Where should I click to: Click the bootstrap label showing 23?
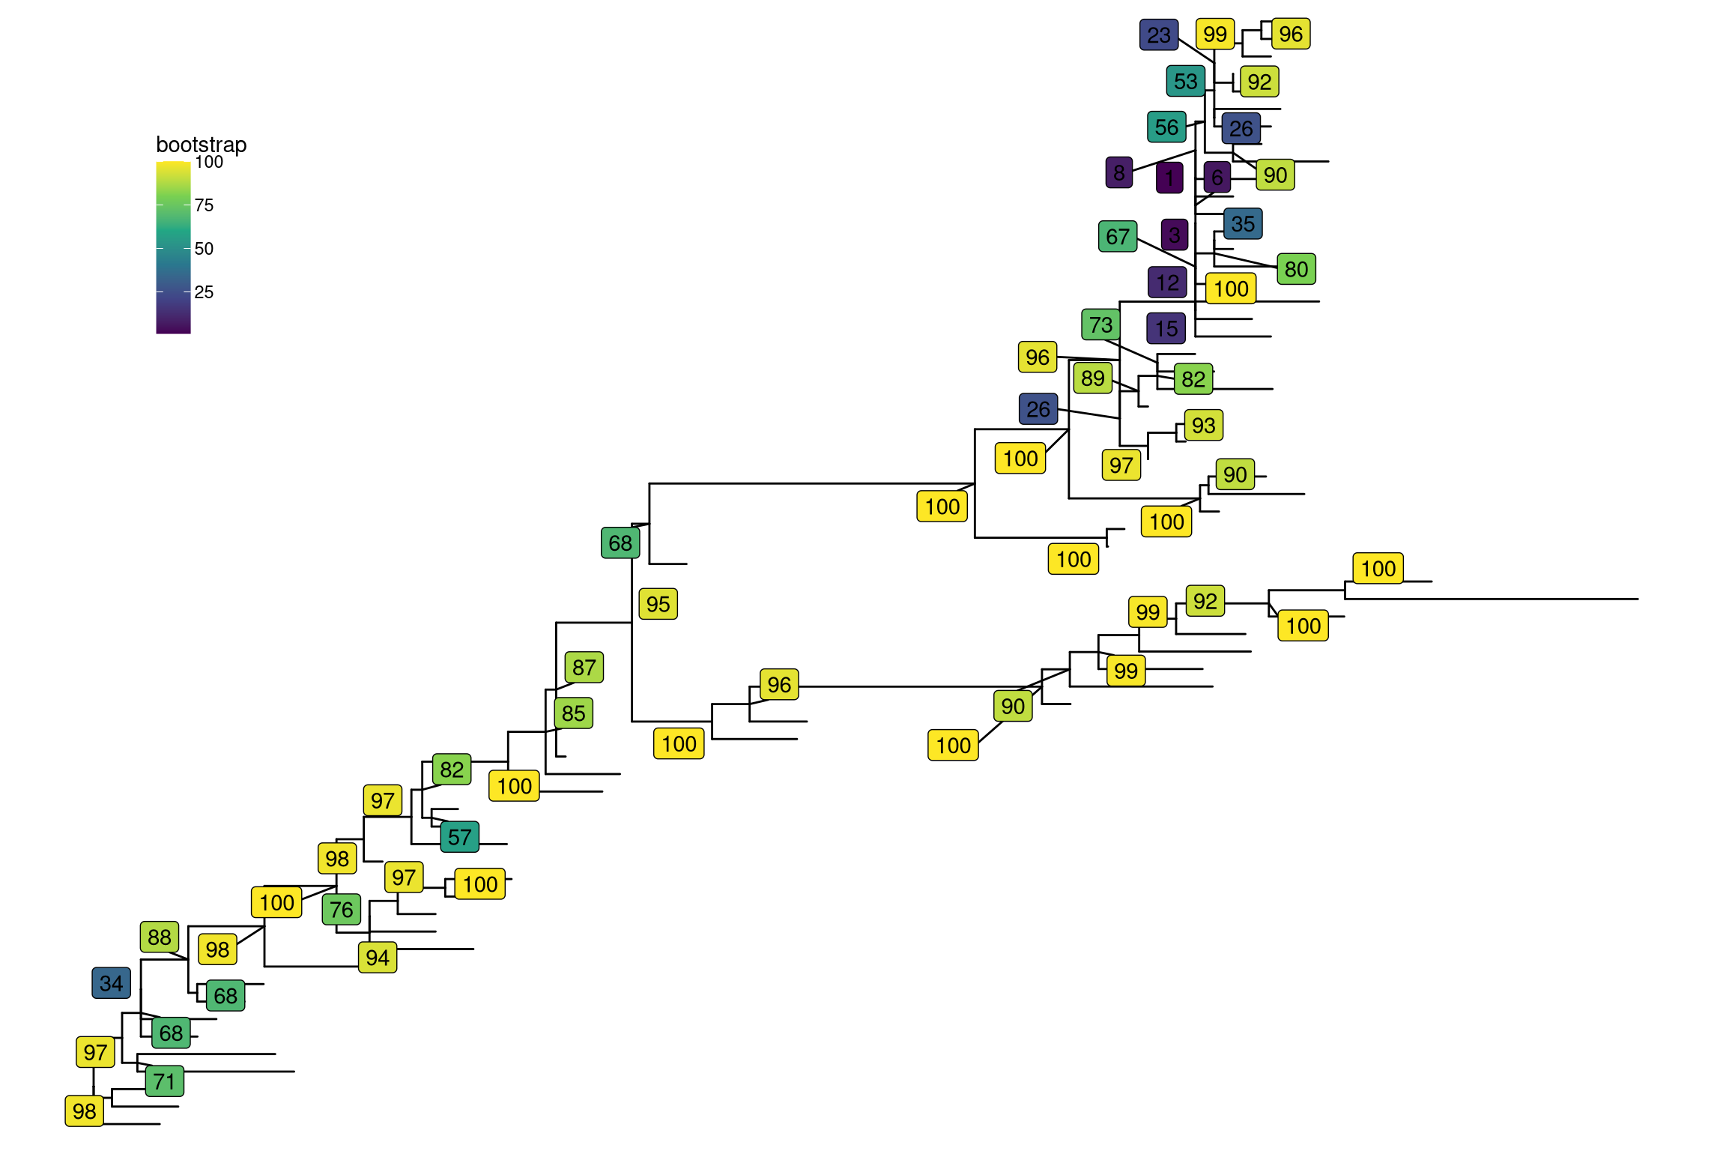1158,35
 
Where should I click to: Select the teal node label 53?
1185,81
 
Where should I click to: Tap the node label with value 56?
1166,127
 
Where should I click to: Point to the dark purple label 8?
1118,173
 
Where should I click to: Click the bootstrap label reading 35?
1243,224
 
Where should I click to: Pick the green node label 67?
1117,237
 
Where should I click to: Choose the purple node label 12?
1167,283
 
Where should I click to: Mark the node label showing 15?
1166,328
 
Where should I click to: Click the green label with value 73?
1100,324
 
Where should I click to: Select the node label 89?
1092,378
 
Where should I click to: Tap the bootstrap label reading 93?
1203,426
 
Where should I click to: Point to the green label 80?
1296,269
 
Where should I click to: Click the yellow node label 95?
658,604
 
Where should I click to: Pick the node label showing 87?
584,667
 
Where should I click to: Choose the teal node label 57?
459,837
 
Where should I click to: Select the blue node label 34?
111,983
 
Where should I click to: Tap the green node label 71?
164,1081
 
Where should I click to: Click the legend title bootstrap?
201,145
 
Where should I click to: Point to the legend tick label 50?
204,249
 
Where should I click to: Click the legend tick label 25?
204,292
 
